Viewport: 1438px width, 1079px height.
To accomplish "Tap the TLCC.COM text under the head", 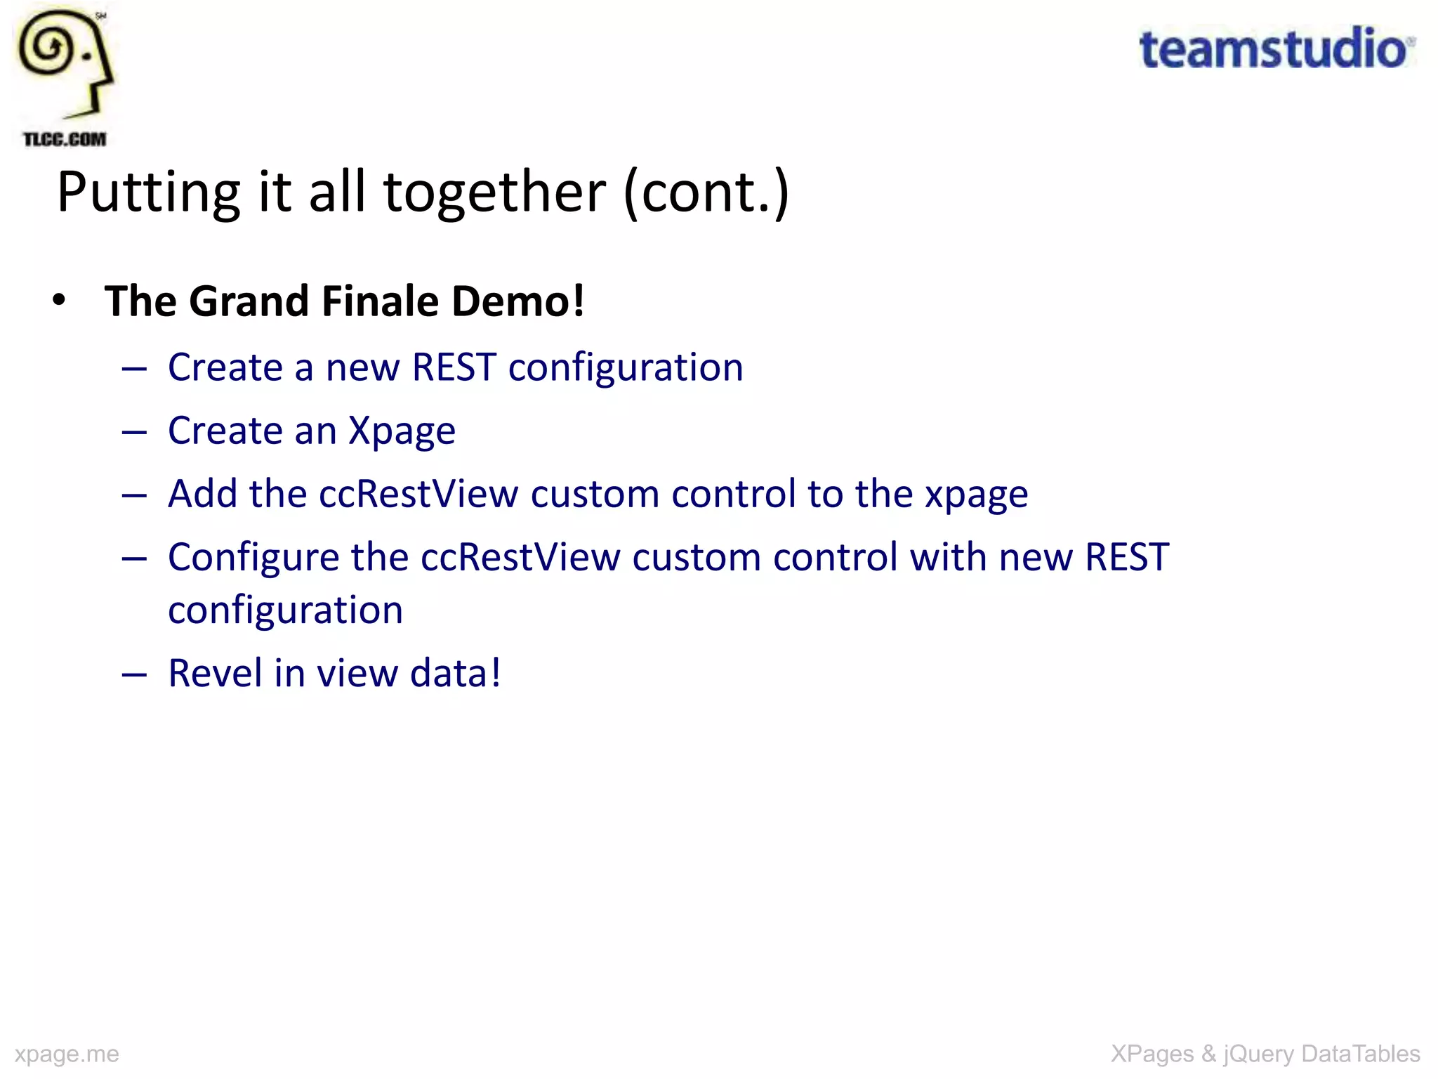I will pyautogui.click(x=65, y=139).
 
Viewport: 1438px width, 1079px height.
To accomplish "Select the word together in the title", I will pyautogui.click(x=494, y=192).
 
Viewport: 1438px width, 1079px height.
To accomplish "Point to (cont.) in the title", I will pyautogui.click(x=706, y=192).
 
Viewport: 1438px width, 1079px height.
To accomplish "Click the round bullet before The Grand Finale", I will pyautogui.click(x=60, y=301).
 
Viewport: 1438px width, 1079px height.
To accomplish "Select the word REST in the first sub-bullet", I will pyautogui.click(x=454, y=367).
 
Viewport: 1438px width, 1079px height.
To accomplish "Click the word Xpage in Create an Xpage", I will pyautogui.click(x=402, y=431).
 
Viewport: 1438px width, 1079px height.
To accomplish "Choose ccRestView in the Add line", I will pyautogui.click(x=418, y=494).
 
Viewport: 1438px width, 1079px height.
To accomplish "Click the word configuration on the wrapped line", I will pyautogui.click(x=285, y=610).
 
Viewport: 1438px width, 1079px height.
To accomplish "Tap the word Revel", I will pyautogui.click(x=215, y=673).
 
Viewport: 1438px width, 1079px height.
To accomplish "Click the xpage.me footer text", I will pyautogui.click(x=67, y=1054).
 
